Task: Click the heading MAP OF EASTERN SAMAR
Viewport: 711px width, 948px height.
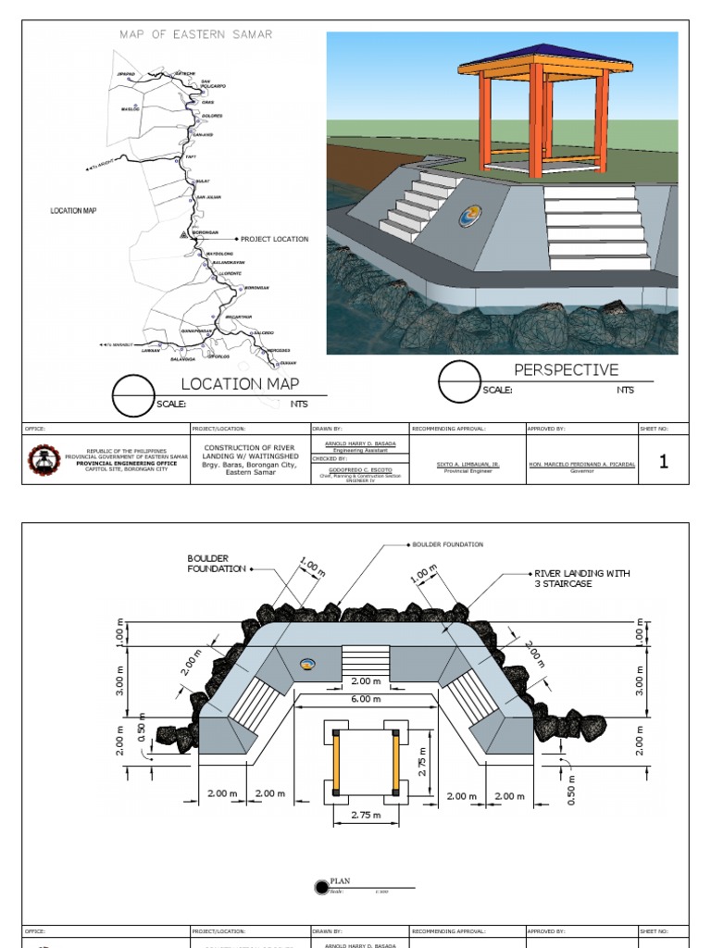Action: pos(195,34)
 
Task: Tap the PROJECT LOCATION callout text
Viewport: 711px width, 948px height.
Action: pos(274,239)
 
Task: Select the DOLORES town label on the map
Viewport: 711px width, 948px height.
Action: pos(212,116)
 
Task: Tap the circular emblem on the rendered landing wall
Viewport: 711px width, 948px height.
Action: pos(471,217)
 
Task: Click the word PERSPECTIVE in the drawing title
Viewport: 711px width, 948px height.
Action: pos(566,370)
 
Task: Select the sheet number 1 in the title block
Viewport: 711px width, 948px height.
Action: pos(663,462)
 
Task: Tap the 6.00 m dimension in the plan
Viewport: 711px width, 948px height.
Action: pos(365,699)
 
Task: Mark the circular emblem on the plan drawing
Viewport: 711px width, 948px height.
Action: pos(309,662)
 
